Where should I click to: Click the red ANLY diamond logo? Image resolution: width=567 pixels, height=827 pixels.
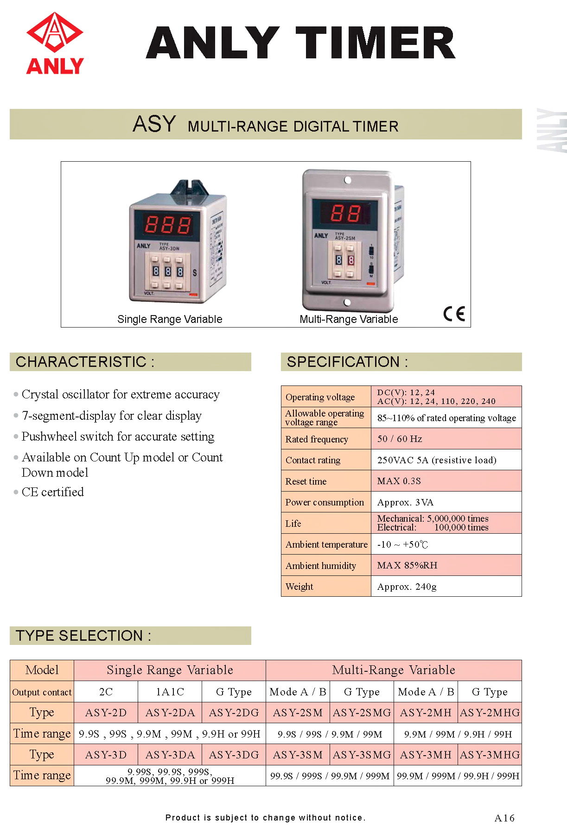(55, 32)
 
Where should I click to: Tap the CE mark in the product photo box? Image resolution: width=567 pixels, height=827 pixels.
(454, 314)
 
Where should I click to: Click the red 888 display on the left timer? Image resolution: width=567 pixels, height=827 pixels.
(167, 225)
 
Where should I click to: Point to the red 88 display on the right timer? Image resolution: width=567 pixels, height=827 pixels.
(345, 214)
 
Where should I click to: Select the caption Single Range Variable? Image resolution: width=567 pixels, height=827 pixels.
(170, 319)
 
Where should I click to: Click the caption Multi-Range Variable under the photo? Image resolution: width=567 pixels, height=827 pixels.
(349, 319)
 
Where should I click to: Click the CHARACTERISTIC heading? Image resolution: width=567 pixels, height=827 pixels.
(85, 362)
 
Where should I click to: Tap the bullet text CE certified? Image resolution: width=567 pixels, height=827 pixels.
(53, 492)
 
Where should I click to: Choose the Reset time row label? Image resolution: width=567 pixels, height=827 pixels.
(306, 481)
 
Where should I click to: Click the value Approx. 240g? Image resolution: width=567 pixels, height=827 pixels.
(407, 587)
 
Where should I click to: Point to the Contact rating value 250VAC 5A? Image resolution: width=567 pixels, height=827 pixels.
(436, 460)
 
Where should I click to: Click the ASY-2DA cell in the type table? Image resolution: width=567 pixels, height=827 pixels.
(170, 713)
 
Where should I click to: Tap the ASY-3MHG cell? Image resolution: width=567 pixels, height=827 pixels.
(490, 755)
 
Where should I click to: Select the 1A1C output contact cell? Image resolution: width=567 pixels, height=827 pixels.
(170, 692)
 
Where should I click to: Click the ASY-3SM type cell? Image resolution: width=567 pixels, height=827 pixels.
(298, 755)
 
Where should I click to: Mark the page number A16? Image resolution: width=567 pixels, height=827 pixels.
(504, 818)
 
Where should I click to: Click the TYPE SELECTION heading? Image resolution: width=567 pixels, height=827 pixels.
(83, 636)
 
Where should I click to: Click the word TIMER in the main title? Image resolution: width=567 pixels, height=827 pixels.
(376, 43)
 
